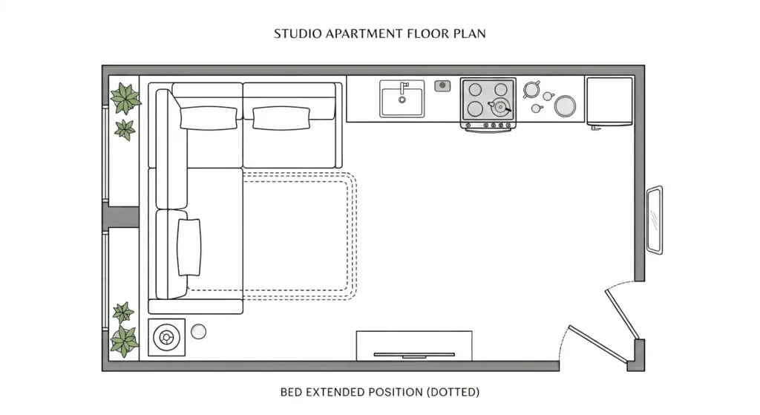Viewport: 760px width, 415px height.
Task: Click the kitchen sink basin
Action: [402, 102]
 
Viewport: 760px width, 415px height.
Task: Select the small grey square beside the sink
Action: [443, 86]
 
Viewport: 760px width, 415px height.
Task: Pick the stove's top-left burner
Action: [475, 89]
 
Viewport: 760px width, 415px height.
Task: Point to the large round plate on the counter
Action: [566, 106]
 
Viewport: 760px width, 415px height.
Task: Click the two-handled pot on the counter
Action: [531, 90]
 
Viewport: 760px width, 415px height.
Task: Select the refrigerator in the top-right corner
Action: [609, 100]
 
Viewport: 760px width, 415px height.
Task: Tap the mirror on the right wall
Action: [654, 220]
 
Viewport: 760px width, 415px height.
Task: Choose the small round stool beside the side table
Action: [198, 332]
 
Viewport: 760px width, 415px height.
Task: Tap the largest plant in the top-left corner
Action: [125, 97]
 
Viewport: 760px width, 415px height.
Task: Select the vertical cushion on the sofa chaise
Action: [189, 247]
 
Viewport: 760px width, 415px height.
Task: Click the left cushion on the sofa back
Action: [209, 118]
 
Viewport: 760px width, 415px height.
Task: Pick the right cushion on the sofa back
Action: [281, 118]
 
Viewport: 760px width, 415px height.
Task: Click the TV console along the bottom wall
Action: [414, 346]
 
